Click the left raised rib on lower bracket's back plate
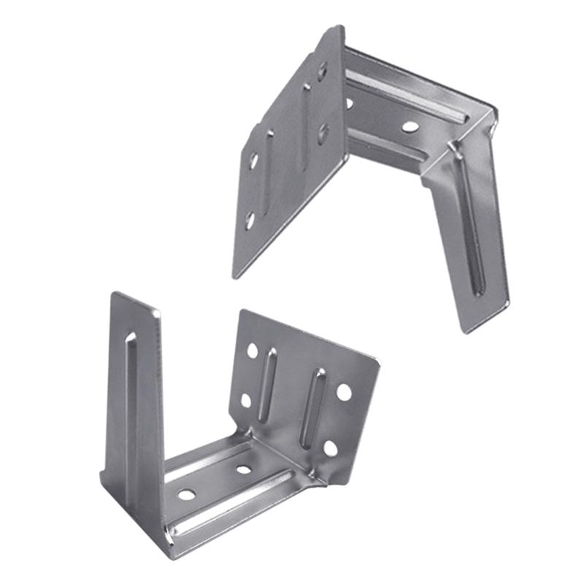268,383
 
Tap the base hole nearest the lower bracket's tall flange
187,494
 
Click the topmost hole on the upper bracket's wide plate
322,71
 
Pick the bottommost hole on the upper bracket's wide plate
249,218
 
